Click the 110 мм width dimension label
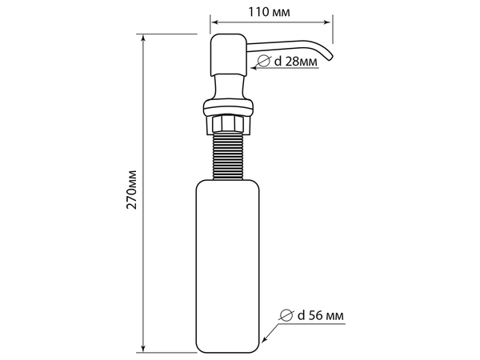(x=269, y=12)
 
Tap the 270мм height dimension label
(x=131, y=189)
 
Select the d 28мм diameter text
(x=296, y=62)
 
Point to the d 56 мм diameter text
(x=321, y=315)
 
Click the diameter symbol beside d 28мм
(x=263, y=61)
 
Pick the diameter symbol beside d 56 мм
(x=286, y=315)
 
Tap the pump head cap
(x=228, y=54)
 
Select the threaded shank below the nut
(x=228, y=156)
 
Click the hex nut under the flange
(x=228, y=124)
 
